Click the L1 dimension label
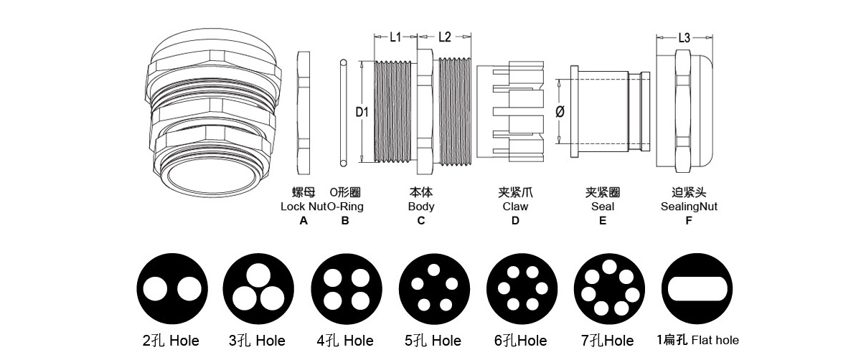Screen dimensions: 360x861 (395, 38)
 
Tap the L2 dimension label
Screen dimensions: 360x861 (444, 38)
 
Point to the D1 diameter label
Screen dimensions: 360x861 (362, 113)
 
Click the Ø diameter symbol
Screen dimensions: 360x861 (560, 113)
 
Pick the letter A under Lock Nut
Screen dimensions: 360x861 (304, 221)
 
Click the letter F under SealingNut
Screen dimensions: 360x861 (689, 221)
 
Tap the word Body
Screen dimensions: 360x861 (421, 207)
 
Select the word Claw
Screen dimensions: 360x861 (515, 207)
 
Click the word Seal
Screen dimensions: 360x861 (603, 207)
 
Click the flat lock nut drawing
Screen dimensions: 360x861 (303, 113)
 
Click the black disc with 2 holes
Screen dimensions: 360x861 (171, 290)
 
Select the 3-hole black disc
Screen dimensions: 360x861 (258, 290)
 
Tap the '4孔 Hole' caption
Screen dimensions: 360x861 (345, 341)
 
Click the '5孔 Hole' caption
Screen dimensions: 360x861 (433, 341)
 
